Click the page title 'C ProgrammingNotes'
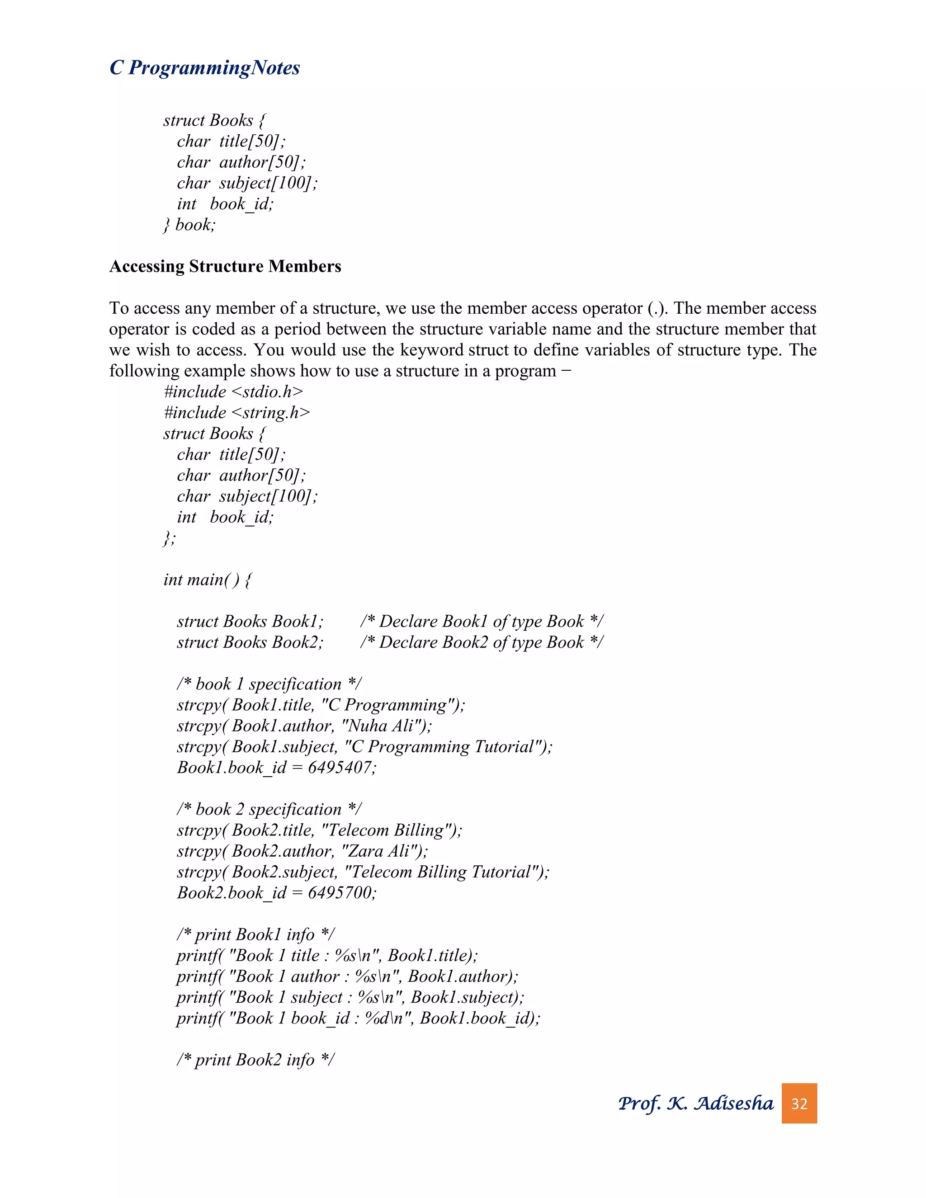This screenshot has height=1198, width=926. click(205, 67)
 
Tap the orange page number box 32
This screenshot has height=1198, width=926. click(799, 1103)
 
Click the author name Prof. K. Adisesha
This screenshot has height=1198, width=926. click(695, 1103)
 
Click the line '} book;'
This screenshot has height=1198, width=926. click(190, 224)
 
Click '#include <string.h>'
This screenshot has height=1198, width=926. click(237, 412)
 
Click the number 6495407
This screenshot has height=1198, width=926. click(340, 768)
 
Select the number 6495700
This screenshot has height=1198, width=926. click(340, 892)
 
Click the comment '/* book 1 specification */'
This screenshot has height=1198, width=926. click(269, 684)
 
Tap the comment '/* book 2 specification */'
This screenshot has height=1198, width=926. click(269, 809)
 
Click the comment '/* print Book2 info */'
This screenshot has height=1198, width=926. click(255, 1059)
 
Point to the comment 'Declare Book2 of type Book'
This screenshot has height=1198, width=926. click(482, 642)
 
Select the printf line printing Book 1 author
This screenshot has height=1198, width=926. click(347, 976)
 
